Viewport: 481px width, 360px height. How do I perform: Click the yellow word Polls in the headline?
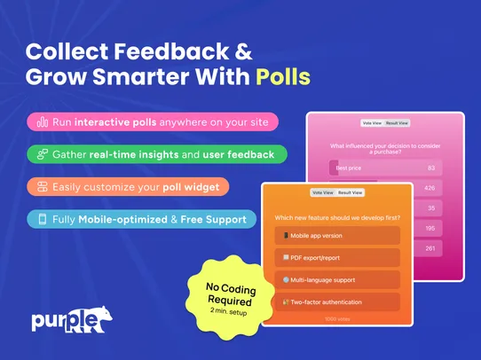[x=283, y=76]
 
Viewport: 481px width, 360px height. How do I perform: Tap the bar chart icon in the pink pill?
[x=42, y=121]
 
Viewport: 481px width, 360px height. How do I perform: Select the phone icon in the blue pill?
[x=42, y=218]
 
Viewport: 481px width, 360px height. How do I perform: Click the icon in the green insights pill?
[x=42, y=154]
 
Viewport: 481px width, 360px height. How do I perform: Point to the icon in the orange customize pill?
[x=42, y=187]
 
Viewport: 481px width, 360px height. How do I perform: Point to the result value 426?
[x=430, y=188]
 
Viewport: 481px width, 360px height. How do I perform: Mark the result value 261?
[x=430, y=249]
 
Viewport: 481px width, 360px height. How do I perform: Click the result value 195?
[x=430, y=229]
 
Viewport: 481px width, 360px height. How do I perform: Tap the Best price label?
[x=349, y=167]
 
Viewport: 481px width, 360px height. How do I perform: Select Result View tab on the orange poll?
[x=351, y=192]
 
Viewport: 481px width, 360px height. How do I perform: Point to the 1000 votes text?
[x=336, y=317]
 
